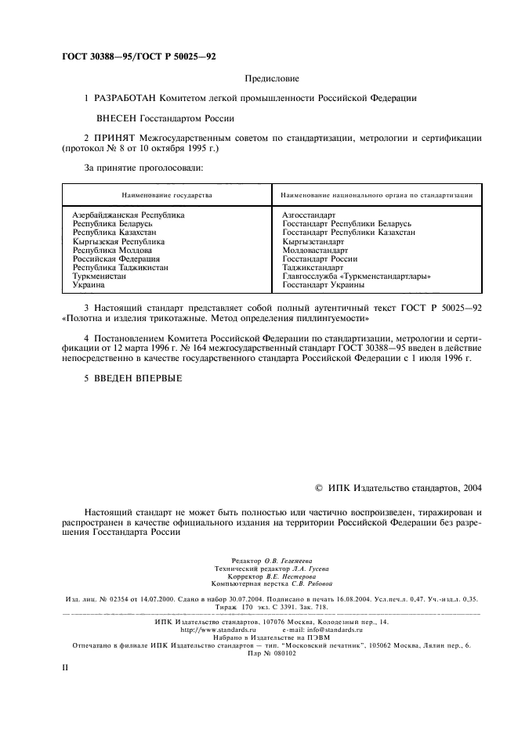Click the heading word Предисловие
272,78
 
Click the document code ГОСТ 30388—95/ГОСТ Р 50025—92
138,57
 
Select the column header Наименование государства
166,194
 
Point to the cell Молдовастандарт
315,251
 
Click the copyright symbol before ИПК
318,487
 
